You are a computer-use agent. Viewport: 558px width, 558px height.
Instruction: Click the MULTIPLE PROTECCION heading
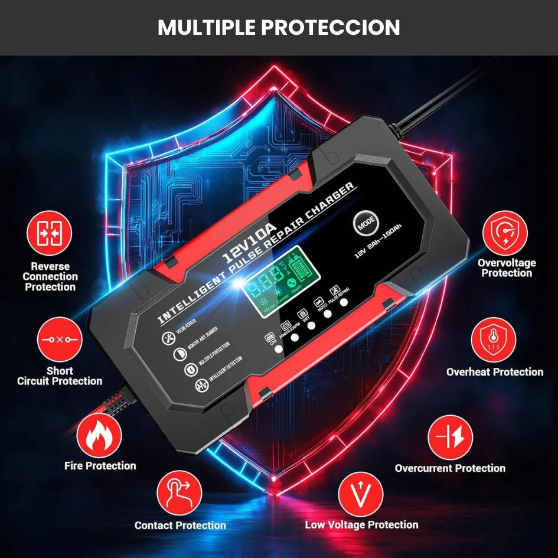click(279, 27)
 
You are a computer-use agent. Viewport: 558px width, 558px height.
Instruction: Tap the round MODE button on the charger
click(365, 223)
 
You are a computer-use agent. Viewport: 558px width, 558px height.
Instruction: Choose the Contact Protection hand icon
click(179, 493)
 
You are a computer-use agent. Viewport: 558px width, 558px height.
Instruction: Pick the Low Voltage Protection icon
click(361, 493)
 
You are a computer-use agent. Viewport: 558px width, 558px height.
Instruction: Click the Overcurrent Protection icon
click(450, 438)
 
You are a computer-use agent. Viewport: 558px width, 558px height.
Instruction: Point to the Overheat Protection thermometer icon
click(494, 341)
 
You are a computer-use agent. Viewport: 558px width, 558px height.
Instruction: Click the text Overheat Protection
click(495, 372)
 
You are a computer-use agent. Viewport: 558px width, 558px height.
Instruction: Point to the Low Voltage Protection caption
click(361, 524)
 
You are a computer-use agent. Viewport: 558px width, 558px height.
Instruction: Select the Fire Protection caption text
click(100, 466)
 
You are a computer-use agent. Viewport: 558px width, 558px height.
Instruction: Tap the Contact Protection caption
click(180, 525)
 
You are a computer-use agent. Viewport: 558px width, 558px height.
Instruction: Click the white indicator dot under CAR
click(278, 349)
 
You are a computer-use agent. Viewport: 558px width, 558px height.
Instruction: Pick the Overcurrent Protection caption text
click(450, 468)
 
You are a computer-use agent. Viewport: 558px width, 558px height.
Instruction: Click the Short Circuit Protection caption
click(60, 376)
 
